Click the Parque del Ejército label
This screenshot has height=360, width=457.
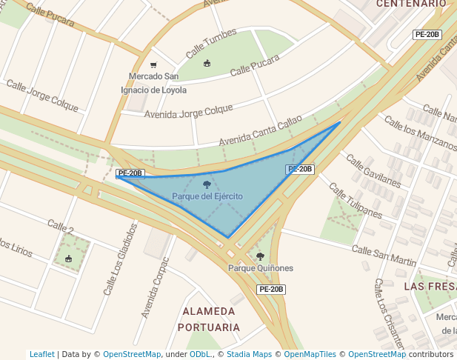point(207,196)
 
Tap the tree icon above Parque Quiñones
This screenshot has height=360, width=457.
point(260,256)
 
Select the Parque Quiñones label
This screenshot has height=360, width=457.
point(261,268)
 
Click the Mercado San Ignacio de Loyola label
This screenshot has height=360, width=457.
point(153,83)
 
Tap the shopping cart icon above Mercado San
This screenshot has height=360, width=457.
point(153,65)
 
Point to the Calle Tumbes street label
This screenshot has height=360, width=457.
point(211,44)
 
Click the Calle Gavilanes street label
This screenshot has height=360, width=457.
point(373,171)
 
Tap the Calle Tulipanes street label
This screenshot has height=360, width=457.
point(356,201)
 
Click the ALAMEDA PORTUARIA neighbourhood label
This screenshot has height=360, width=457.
point(210,319)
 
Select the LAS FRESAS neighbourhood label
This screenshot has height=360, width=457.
point(430,285)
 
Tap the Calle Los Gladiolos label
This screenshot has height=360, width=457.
point(121,259)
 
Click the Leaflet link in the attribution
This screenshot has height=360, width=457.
point(41,355)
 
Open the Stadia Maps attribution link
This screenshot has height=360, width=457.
point(249,355)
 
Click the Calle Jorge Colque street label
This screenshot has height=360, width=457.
point(42,96)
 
